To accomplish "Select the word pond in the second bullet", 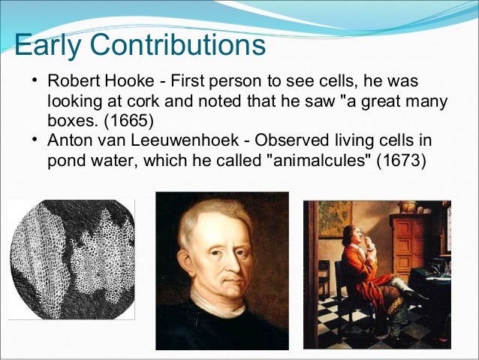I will (65, 160).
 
